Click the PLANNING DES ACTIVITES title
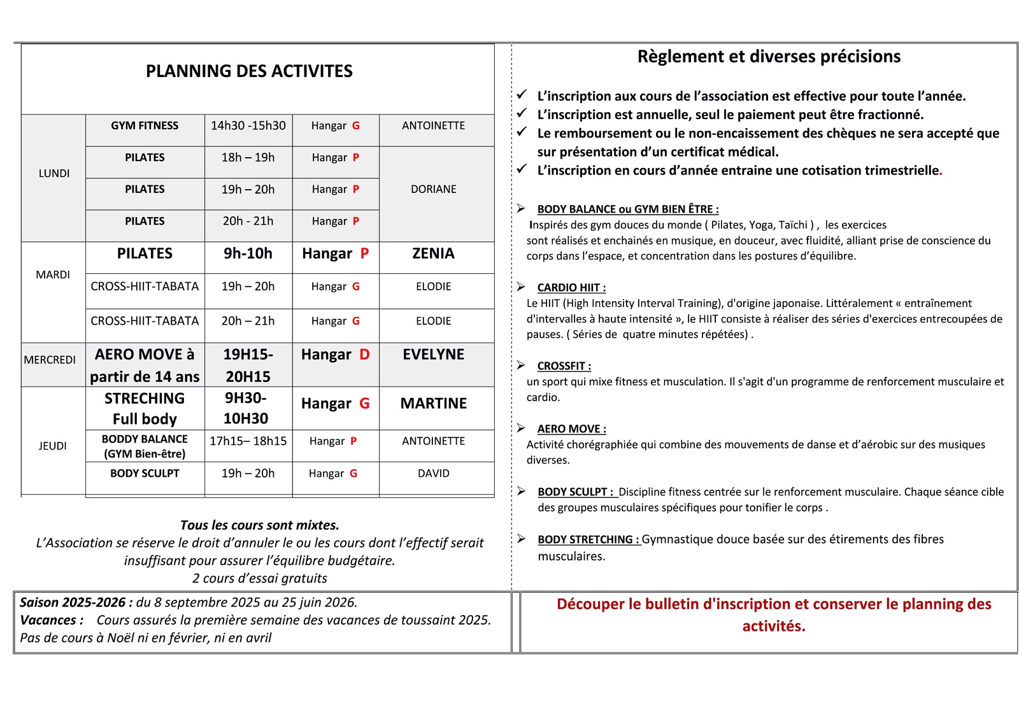tap(249, 71)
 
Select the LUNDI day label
tap(54, 173)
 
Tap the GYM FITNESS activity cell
tap(145, 126)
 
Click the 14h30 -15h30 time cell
tap(248, 126)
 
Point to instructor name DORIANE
tap(434, 190)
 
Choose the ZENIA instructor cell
tap(434, 253)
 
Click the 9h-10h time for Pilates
tap(248, 253)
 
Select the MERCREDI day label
tap(50, 360)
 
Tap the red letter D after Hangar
tap(364, 355)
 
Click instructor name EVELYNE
tap(434, 355)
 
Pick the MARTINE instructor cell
tap(434, 404)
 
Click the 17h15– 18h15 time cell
tap(248, 441)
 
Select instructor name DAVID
tap(434, 474)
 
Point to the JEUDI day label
tap(53, 446)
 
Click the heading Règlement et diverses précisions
tap(769, 57)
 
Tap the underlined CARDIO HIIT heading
tap(571, 288)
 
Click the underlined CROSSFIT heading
tap(564, 366)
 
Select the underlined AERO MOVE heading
tap(571, 429)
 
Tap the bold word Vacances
tap(51, 620)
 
